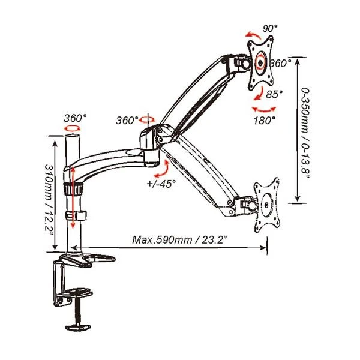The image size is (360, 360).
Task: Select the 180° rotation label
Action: coord(264,120)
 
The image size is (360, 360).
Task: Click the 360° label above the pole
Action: coord(75,117)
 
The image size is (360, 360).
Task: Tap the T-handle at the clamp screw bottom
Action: coord(78,326)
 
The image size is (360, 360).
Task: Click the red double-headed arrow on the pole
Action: coord(73,198)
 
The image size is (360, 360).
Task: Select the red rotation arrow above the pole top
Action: coord(74,128)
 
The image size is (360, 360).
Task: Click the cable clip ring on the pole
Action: coord(77,214)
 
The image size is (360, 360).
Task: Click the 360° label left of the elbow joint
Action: coord(128,121)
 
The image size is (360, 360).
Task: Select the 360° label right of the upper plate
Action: coord(281,62)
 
